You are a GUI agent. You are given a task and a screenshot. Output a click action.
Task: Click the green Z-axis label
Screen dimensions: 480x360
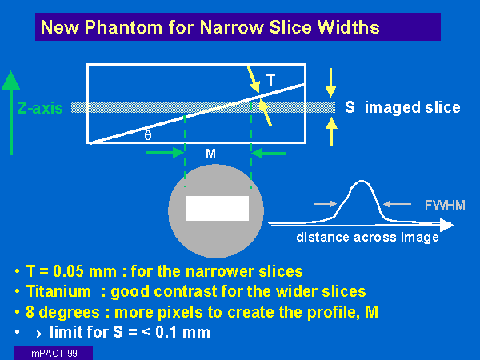pos(40,108)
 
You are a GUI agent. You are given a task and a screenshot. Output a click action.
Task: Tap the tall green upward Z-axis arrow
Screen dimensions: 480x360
pos(11,113)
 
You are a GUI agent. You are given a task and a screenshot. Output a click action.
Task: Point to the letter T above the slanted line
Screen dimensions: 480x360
pos(270,80)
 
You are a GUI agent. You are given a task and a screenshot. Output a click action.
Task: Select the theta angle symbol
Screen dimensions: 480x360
pos(148,135)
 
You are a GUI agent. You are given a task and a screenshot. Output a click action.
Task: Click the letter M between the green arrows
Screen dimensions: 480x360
pos(210,154)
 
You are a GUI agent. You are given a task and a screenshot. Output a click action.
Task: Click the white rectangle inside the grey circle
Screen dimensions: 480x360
pos(217,208)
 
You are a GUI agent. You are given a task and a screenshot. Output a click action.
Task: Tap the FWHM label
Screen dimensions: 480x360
pos(445,205)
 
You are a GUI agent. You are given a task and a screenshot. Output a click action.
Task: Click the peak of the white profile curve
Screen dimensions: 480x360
pos(362,182)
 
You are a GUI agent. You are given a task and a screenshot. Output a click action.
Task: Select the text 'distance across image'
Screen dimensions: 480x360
pos(367,238)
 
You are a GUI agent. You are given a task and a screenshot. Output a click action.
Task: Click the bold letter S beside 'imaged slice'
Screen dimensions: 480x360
pos(350,107)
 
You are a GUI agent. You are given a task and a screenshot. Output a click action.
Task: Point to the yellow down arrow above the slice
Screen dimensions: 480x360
pos(331,82)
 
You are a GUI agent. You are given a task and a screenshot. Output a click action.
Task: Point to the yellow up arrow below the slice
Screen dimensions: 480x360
pos(331,132)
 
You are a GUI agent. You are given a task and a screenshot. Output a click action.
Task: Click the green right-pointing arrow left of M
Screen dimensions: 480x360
pos(166,153)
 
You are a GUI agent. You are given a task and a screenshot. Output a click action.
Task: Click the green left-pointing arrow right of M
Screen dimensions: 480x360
pos(269,153)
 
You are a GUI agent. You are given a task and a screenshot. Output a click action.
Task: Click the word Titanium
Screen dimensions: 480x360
pos(58,291)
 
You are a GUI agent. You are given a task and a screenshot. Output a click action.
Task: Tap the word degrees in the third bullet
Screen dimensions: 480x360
pos(69,313)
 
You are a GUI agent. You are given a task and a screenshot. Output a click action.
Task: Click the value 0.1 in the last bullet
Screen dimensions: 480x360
pos(166,332)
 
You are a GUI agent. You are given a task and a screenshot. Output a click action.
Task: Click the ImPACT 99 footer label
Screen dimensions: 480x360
pos(53,354)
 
